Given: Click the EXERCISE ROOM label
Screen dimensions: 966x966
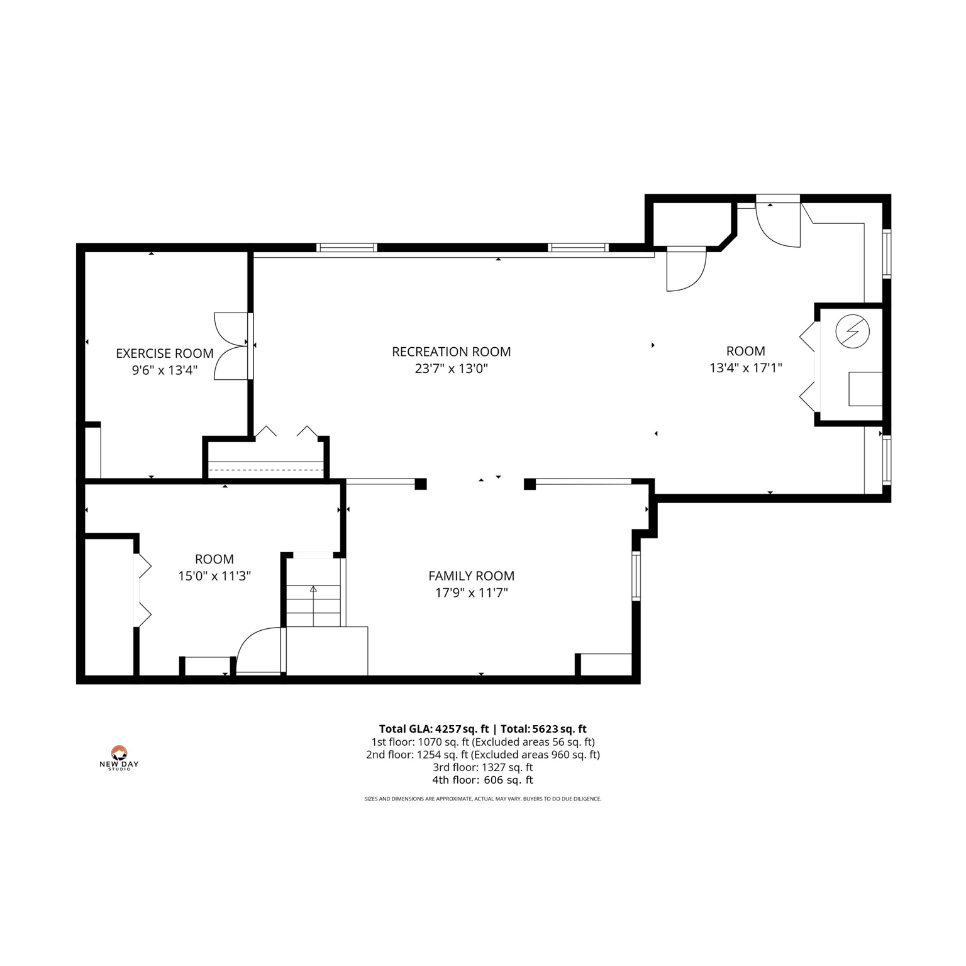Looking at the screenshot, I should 164,353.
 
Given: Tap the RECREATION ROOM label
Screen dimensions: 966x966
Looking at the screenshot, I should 451,352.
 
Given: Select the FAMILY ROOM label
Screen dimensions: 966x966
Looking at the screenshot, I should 471,575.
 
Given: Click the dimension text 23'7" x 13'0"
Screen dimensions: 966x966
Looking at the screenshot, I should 451,369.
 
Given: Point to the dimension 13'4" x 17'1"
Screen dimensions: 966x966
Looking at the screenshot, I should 745,368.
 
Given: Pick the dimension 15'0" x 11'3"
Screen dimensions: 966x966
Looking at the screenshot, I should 214,575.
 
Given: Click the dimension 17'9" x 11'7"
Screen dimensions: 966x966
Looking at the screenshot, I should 471,592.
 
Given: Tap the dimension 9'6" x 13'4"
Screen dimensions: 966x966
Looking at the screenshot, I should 164,370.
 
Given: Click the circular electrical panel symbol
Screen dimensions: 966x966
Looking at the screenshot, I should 852,331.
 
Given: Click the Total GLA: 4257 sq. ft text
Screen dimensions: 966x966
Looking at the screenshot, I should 434,729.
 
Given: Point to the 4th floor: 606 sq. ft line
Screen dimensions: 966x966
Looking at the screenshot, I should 482,780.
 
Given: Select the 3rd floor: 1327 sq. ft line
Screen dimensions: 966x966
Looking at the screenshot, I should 482,767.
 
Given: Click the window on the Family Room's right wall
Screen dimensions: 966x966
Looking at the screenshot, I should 636,575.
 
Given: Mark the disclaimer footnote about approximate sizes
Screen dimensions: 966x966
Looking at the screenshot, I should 482,799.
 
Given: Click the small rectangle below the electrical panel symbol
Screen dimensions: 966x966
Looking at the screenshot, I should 865,389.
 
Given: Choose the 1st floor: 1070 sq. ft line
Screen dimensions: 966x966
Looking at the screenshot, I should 482,742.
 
